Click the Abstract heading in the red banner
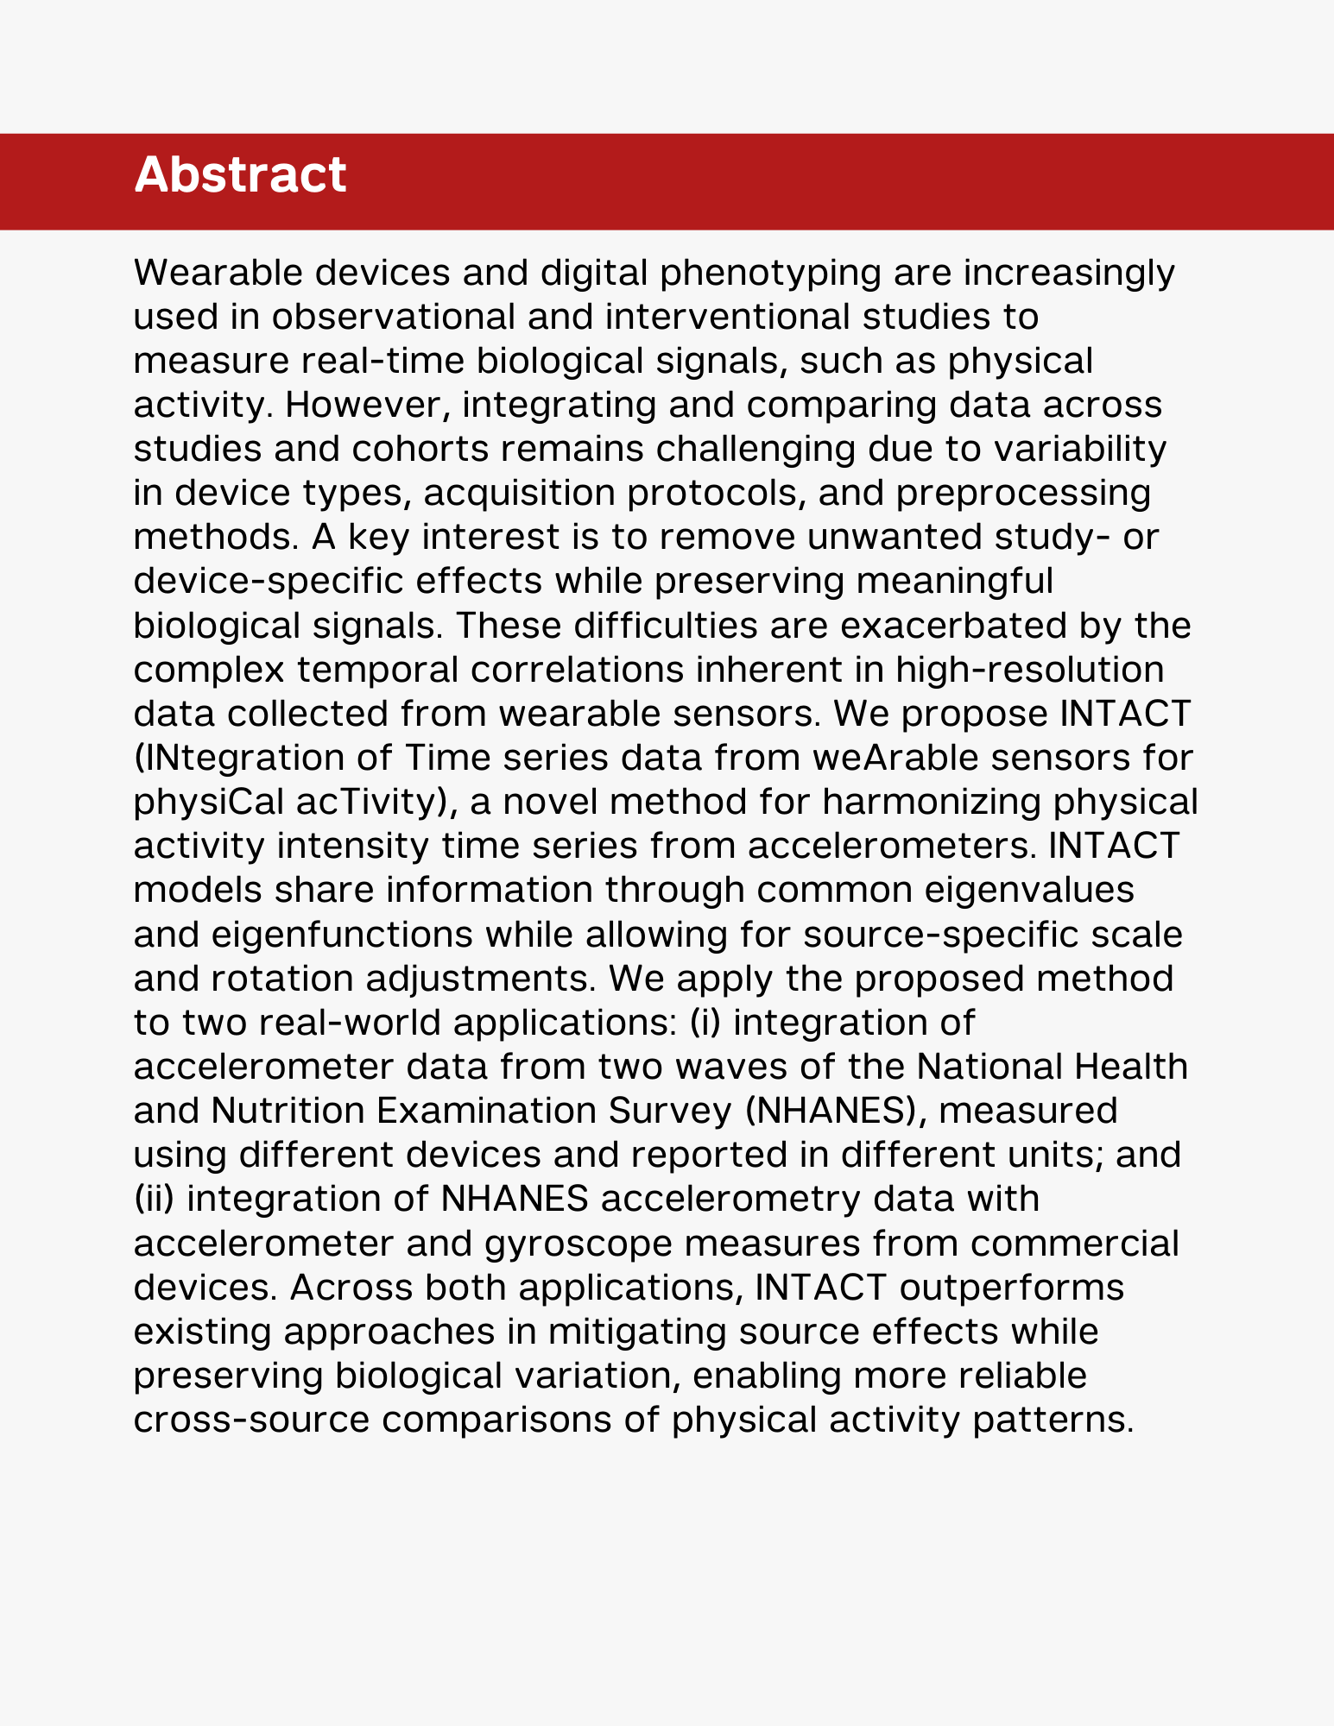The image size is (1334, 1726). point(240,175)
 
